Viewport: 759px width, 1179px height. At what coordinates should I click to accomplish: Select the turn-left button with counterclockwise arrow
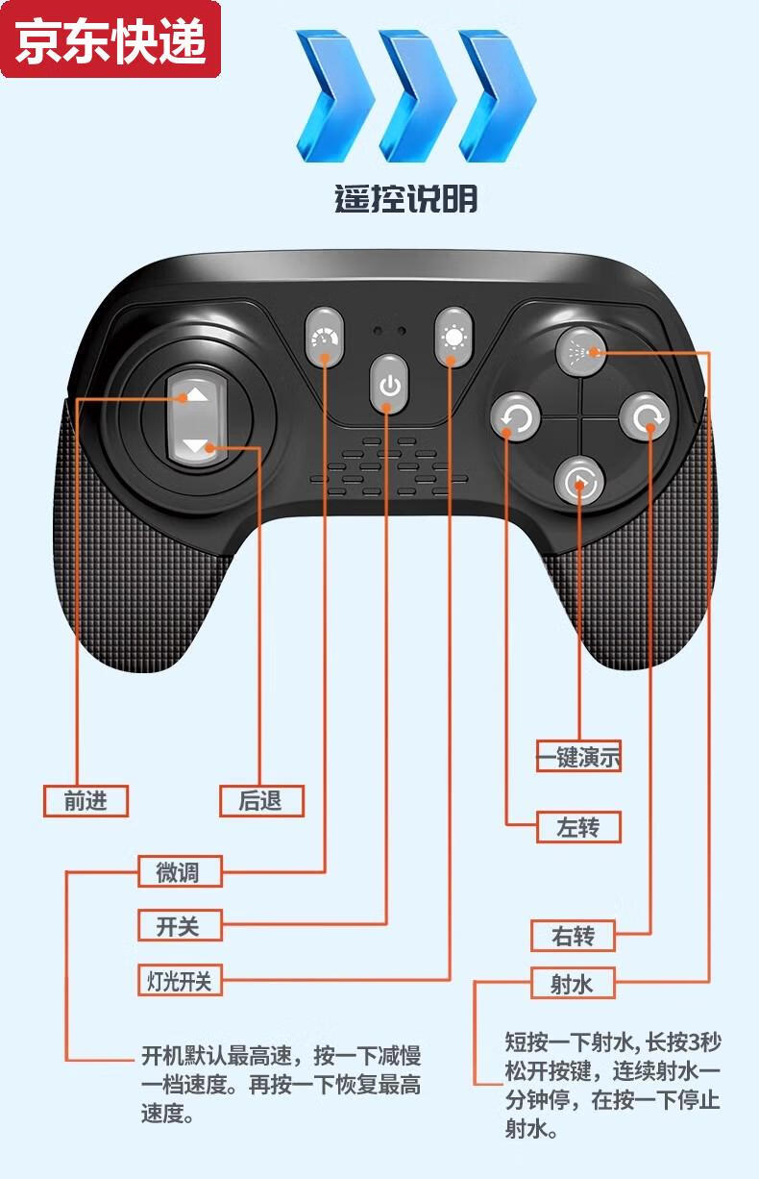tap(515, 418)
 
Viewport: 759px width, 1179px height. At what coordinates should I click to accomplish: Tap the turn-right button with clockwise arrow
tap(643, 416)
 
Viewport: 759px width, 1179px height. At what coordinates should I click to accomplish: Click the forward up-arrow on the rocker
tap(195, 394)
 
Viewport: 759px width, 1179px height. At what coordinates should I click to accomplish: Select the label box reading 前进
tap(86, 800)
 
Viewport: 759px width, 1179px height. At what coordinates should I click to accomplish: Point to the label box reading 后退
tap(260, 800)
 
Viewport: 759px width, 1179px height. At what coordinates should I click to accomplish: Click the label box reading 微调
tap(180, 871)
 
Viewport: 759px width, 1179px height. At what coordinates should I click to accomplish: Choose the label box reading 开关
tap(180, 926)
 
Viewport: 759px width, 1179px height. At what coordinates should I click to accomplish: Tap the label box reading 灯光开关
tap(180, 980)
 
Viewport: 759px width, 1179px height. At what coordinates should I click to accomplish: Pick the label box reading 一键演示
tap(578, 756)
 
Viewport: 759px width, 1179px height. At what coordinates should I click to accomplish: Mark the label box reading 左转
tap(577, 827)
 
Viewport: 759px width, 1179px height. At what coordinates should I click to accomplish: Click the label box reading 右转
tap(574, 935)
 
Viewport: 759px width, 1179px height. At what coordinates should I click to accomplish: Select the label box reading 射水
tap(574, 983)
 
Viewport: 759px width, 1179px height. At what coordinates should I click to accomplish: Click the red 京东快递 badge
tap(110, 40)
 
